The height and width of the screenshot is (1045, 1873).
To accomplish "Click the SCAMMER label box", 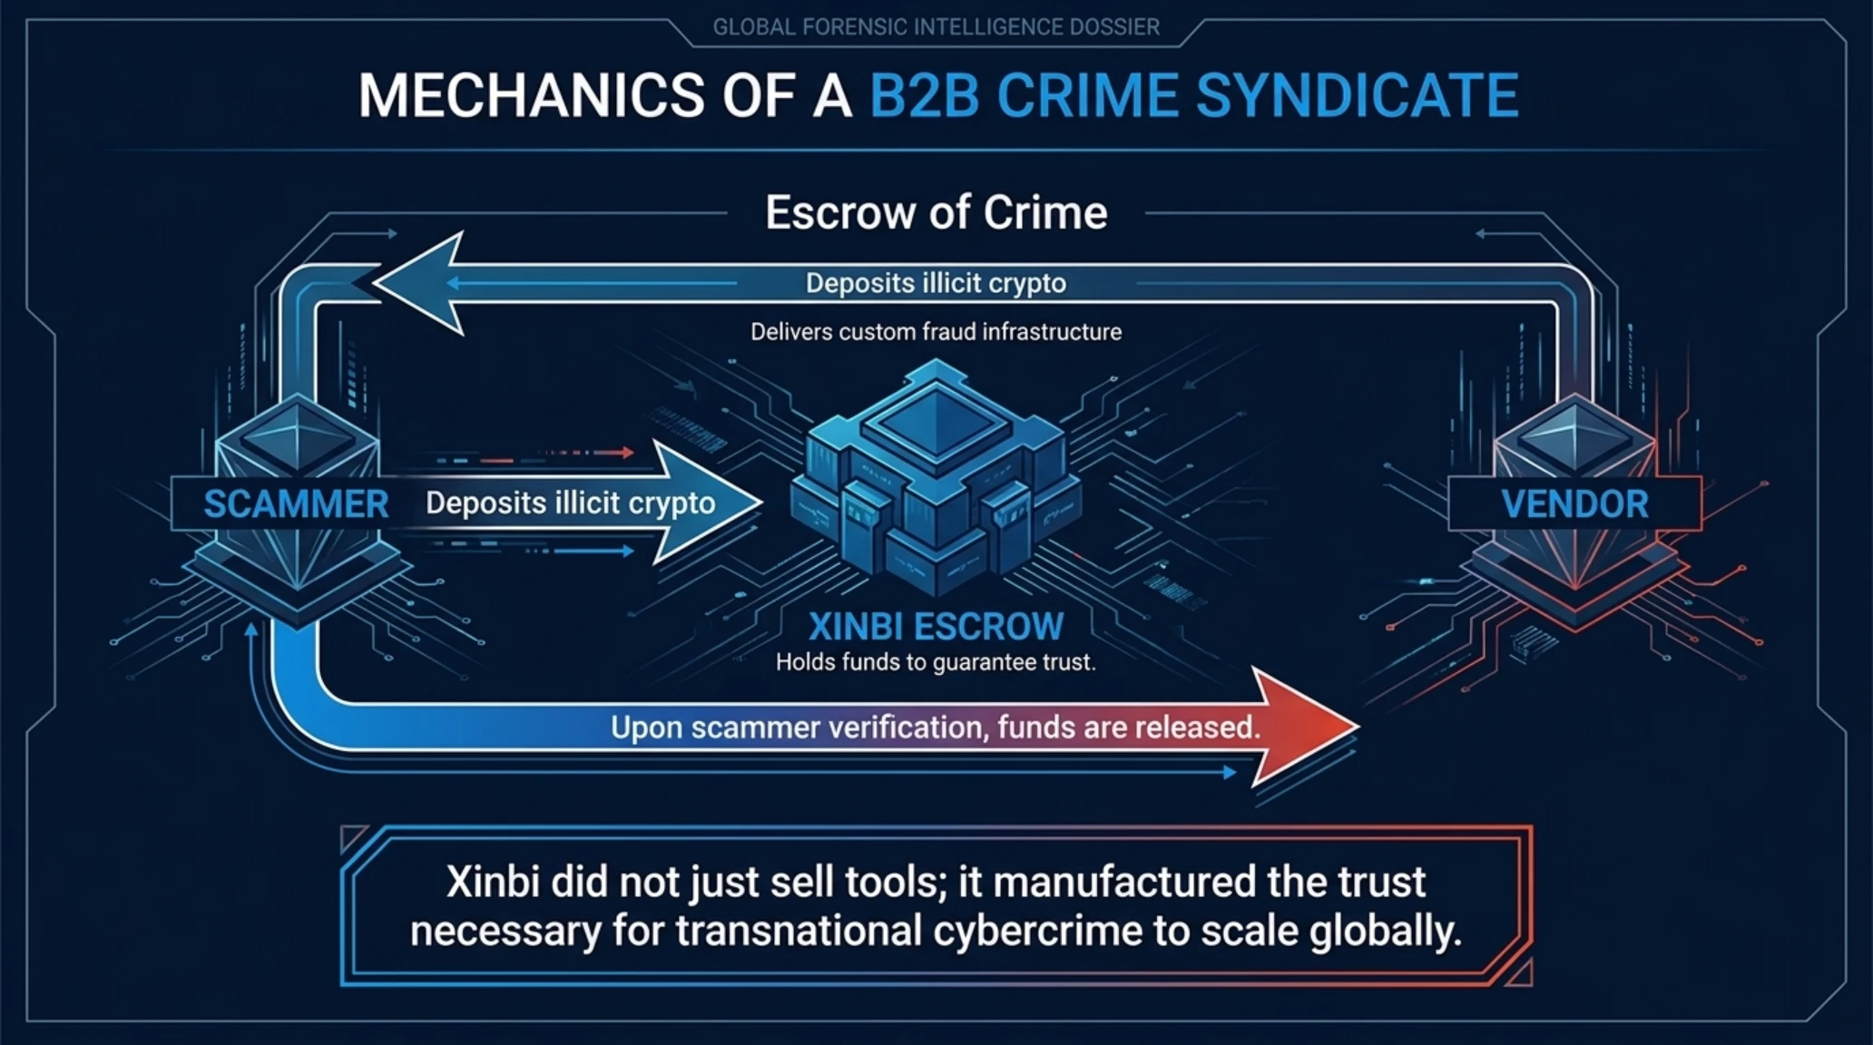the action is tap(284, 503).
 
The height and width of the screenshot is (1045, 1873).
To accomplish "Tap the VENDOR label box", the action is tap(1574, 503).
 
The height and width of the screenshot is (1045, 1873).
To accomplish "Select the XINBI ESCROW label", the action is tap(936, 627).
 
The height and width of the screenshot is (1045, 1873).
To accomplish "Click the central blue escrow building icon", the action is tap(936, 476).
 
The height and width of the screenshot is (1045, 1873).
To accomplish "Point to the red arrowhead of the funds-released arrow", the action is tap(1307, 727).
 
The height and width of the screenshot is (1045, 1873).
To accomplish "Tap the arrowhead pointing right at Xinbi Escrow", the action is tap(708, 503).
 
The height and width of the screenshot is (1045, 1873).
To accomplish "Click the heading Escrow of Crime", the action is tap(936, 212).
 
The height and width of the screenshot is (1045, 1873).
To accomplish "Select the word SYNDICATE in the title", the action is tap(1357, 95).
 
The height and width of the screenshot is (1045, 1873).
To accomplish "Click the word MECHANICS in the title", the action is tap(531, 95).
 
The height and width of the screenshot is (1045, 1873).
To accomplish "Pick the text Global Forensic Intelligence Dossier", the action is tap(936, 27).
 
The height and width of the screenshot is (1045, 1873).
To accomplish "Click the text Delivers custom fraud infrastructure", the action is tap(936, 332).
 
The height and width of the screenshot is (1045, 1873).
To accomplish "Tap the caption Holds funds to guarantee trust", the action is tap(936, 662).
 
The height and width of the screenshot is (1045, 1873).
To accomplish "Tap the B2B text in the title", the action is tap(925, 95).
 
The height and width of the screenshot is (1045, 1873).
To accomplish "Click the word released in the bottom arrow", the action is tap(1197, 728).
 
